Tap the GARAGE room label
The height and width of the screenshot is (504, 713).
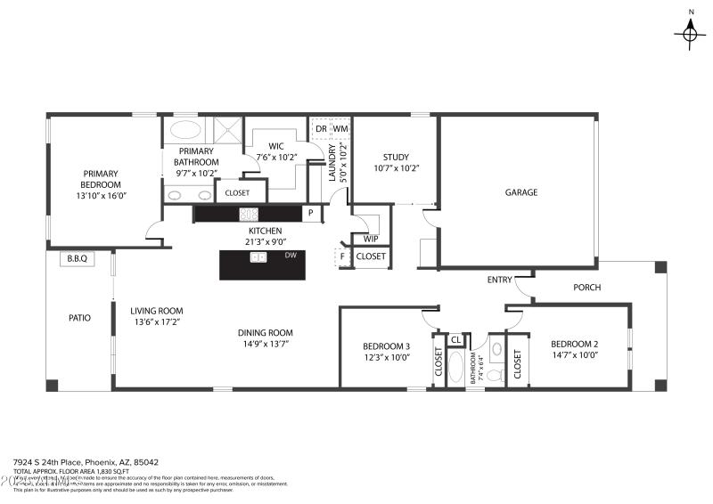click(x=521, y=192)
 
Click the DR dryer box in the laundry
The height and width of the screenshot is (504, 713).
click(x=321, y=129)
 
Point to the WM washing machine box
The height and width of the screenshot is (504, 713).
click(x=340, y=129)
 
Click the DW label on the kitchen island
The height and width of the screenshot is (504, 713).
click(x=290, y=256)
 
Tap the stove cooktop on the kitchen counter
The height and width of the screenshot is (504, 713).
click(x=249, y=214)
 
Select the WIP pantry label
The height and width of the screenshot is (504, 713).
click(x=371, y=239)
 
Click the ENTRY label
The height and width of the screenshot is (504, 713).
click(x=499, y=280)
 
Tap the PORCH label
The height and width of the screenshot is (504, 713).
click(x=586, y=288)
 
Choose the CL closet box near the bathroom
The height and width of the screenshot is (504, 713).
click(x=455, y=340)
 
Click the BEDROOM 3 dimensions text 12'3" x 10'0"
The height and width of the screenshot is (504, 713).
click(x=386, y=358)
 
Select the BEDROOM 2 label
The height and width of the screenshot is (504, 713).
click(x=573, y=345)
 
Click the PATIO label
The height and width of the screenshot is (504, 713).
click(x=80, y=317)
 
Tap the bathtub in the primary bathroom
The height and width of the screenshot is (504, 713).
click(x=185, y=129)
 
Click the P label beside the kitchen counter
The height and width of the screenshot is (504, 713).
click(x=310, y=214)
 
